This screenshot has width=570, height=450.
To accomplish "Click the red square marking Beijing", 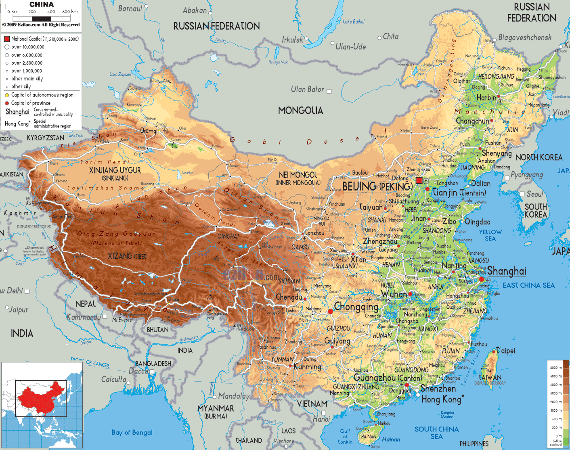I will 419,180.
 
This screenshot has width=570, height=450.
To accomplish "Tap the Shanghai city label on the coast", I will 507,271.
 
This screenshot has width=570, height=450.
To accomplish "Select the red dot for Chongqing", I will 330,311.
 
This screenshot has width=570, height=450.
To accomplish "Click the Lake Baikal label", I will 353,21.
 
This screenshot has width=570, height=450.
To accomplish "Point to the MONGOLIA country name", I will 300,111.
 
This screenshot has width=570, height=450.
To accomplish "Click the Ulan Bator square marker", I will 329,92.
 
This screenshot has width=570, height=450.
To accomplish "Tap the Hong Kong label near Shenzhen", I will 441,400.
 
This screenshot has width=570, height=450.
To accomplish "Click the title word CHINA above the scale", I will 41,4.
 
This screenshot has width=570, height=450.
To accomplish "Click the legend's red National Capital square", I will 7,39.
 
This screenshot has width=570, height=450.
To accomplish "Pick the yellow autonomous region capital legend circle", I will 7,95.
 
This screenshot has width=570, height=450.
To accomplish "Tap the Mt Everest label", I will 122,320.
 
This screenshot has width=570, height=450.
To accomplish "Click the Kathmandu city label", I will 84,317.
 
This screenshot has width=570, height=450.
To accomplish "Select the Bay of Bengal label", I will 132,432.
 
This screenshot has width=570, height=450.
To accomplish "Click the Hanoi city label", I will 321,419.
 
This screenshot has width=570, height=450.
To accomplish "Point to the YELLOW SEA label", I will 490,235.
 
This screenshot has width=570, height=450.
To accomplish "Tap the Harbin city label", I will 486,98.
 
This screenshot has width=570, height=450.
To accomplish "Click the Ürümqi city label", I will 149,131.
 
